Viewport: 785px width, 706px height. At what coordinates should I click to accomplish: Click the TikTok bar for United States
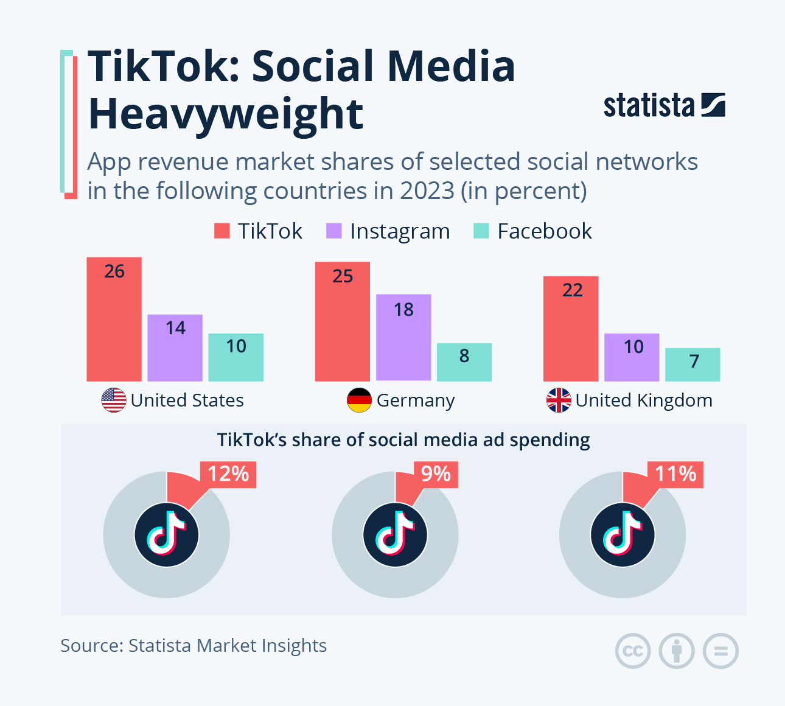tap(114, 319)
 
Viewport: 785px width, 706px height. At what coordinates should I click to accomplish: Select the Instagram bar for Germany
tap(403, 337)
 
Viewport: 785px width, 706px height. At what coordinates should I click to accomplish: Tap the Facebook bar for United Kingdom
tap(693, 365)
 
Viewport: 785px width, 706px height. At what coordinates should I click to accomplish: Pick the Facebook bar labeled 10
tap(236, 357)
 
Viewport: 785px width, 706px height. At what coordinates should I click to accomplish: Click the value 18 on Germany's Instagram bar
tap(403, 310)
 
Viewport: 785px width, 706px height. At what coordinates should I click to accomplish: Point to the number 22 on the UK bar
tap(573, 290)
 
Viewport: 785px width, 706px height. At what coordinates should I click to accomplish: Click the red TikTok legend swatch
tap(222, 231)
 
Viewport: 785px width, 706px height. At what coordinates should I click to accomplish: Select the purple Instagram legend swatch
tap(334, 231)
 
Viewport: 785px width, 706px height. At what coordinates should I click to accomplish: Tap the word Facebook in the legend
tap(544, 231)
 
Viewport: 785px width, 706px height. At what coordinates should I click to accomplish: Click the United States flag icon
tap(114, 400)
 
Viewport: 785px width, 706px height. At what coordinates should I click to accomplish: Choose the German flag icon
tap(359, 400)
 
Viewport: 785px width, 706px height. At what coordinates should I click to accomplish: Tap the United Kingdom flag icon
tap(559, 400)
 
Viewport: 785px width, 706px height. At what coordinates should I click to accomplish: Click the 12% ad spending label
tap(228, 474)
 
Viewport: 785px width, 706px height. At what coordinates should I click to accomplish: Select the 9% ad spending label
tap(436, 474)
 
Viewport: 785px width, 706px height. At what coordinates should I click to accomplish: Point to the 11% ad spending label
tap(675, 474)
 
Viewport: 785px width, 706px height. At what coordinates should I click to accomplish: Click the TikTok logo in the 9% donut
tap(395, 535)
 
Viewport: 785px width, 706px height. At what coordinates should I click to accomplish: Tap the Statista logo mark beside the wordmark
tap(713, 105)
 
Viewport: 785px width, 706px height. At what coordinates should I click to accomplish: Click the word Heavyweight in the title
tap(226, 114)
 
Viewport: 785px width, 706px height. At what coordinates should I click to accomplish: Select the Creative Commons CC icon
tap(633, 651)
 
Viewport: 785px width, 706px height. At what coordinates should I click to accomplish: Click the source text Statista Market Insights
tap(228, 645)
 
